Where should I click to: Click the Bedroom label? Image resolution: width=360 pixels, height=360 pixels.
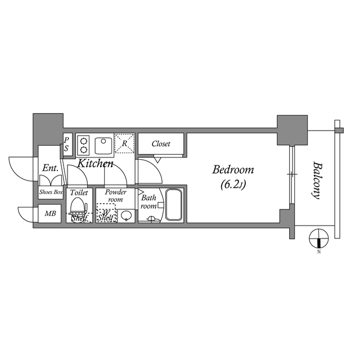232,169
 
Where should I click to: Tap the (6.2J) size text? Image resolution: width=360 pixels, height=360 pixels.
232,183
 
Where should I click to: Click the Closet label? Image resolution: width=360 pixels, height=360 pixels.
161,144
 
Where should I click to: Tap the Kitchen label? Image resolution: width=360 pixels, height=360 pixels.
95,164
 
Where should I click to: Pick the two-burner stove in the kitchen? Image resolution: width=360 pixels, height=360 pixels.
83,144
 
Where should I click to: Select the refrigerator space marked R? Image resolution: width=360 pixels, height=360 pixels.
124,143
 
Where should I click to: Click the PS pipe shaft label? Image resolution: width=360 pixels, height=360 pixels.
66,144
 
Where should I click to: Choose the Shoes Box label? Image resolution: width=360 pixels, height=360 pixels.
50,192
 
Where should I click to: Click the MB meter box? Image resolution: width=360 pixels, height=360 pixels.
50,214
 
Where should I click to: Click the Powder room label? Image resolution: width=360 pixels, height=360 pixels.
115,195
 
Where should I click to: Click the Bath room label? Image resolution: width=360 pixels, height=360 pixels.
149,202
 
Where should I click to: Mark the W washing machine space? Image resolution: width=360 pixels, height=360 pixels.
106,213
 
